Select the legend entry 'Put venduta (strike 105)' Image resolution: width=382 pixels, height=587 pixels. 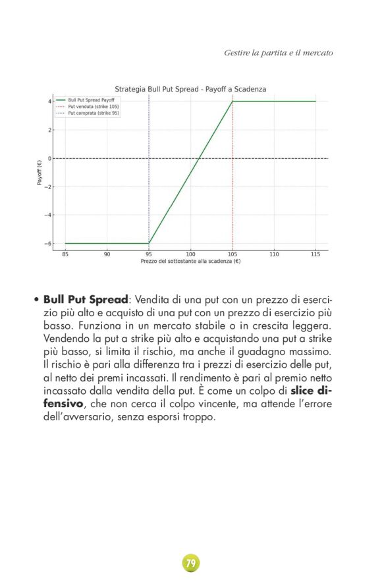94,106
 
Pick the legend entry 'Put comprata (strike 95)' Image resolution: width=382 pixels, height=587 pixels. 94,113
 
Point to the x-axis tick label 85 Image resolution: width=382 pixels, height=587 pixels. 65,254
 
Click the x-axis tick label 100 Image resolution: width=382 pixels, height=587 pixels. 190,254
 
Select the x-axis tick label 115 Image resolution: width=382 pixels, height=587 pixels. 315,254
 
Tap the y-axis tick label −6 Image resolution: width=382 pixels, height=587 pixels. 47,244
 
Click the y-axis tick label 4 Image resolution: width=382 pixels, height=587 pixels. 49,101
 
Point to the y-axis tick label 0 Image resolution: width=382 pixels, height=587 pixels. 49,158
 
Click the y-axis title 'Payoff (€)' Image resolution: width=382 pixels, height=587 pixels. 39,173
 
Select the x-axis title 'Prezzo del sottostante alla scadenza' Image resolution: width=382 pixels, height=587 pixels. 190,261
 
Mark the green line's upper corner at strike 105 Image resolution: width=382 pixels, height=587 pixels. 232,101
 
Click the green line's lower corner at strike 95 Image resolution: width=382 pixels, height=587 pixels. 149,243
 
